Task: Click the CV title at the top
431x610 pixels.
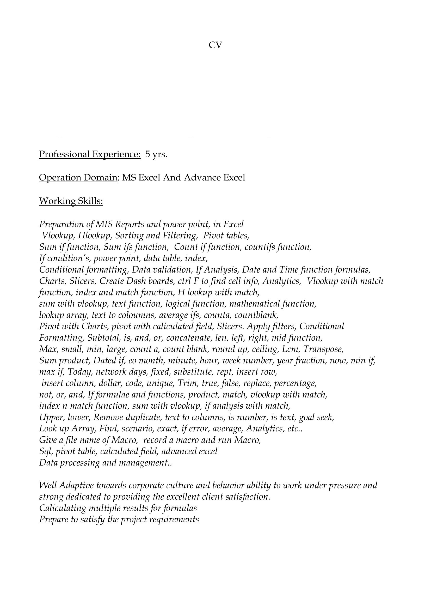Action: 215,45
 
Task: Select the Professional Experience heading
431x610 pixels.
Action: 89,154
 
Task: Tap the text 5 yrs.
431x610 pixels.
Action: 156,154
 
